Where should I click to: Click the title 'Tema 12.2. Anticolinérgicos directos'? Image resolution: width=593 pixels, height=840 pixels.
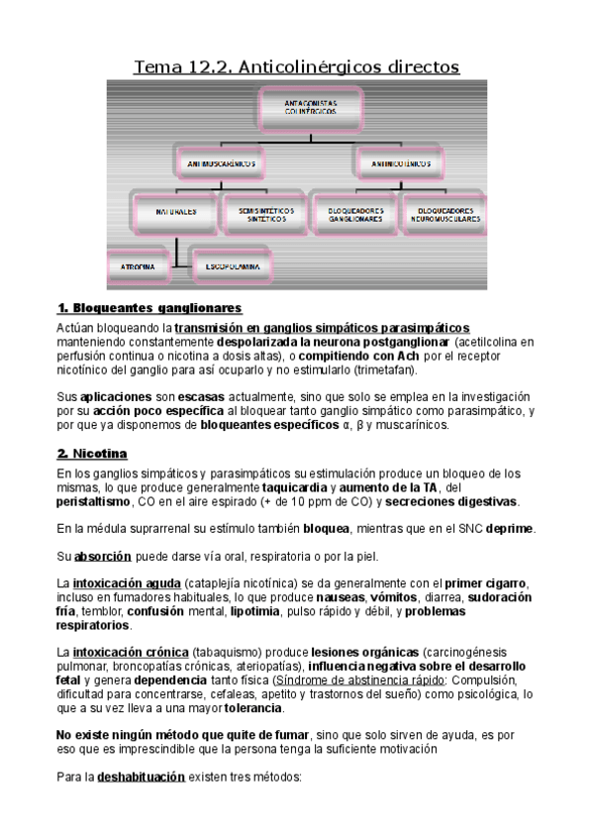[297, 66]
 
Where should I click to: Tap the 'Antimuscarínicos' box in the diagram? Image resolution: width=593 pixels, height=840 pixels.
[220, 160]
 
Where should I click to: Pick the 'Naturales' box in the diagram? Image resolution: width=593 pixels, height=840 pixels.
[175, 213]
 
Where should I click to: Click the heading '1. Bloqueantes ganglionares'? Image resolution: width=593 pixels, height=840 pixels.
[149, 308]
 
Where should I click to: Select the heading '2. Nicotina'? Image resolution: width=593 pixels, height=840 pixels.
[92, 454]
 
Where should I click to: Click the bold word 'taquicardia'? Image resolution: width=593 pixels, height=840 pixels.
[294, 487]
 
